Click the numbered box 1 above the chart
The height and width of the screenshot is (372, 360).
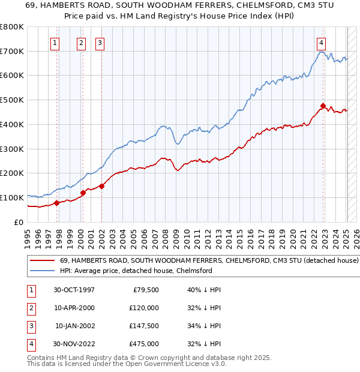click(55, 43)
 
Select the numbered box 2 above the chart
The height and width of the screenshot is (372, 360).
click(81, 43)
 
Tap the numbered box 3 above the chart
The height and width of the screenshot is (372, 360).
click(100, 43)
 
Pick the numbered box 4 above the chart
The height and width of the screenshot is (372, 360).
click(322, 43)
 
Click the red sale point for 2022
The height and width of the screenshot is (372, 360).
click(323, 106)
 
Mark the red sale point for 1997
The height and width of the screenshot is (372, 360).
click(56, 203)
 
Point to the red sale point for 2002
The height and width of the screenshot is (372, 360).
click(101, 186)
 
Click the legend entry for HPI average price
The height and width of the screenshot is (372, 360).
click(136, 271)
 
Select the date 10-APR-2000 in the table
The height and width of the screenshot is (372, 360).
click(74, 308)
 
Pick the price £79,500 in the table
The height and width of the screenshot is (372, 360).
click(146, 290)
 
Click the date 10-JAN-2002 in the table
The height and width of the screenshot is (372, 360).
click(74, 326)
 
